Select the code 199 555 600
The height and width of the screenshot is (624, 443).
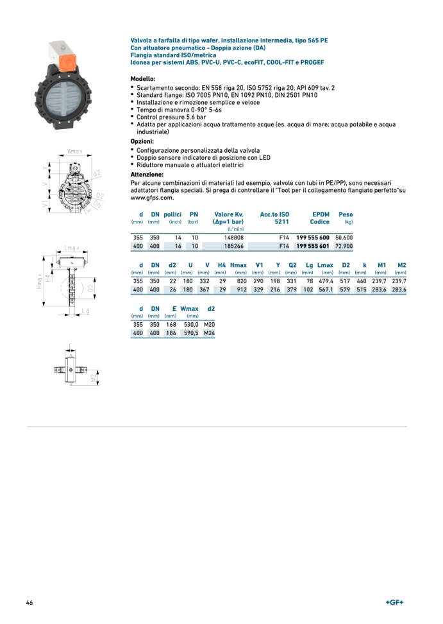click(313, 237)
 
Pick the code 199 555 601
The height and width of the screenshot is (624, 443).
click(313, 246)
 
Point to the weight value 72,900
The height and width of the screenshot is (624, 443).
click(344, 246)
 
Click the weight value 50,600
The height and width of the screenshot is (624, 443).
click(344, 237)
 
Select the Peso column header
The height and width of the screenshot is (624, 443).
click(346, 214)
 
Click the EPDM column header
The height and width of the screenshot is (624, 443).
click(320, 214)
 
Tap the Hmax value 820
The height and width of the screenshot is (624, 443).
click(241, 281)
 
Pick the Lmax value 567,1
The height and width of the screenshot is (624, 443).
click(326, 290)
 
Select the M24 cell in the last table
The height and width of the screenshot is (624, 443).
click(209, 334)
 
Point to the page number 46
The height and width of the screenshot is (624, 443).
click(29, 603)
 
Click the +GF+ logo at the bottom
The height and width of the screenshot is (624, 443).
click(394, 602)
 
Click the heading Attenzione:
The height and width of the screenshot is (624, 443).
click(147, 175)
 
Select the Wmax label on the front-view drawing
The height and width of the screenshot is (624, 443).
click(75, 152)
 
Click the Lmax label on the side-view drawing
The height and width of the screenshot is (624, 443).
click(72, 247)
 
